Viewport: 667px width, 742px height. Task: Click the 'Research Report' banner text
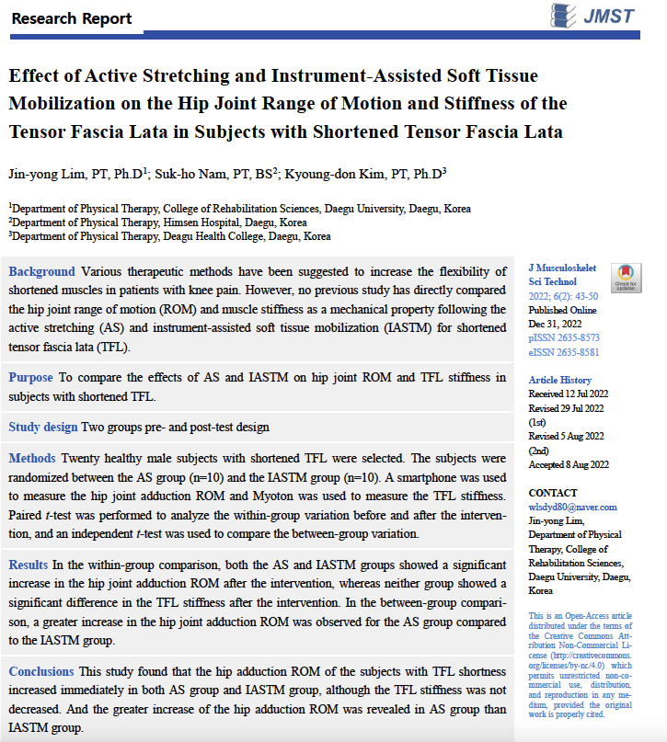pyautogui.click(x=72, y=18)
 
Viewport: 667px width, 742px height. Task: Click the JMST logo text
pyautogui.click(x=610, y=16)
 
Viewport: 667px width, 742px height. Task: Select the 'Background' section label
pyautogui.click(x=41, y=271)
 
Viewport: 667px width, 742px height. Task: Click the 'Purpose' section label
pyautogui.click(x=32, y=377)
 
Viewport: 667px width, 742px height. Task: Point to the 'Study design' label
pyautogui.click(x=43, y=428)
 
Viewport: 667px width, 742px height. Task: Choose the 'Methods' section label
pyautogui.click(x=33, y=458)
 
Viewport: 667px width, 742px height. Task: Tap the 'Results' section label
pyautogui.click(x=30, y=564)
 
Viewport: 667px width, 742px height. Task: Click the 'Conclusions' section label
pyautogui.click(x=41, y=671)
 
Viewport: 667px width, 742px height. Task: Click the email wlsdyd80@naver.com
pyautogui.click(x=572, y=507)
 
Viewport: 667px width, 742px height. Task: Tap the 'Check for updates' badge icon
pyautogui.click(x=626, y=278)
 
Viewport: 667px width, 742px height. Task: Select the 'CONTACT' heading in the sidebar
pyautogui.click(x=553, y=493)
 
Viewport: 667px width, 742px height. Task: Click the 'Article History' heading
pyautogui.click(x=560, y=381)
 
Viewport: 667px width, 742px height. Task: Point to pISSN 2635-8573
pyautogui.click(x=564, y=338)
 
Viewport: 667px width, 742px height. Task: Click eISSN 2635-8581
pyautogui.click(x=564, y=352)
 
